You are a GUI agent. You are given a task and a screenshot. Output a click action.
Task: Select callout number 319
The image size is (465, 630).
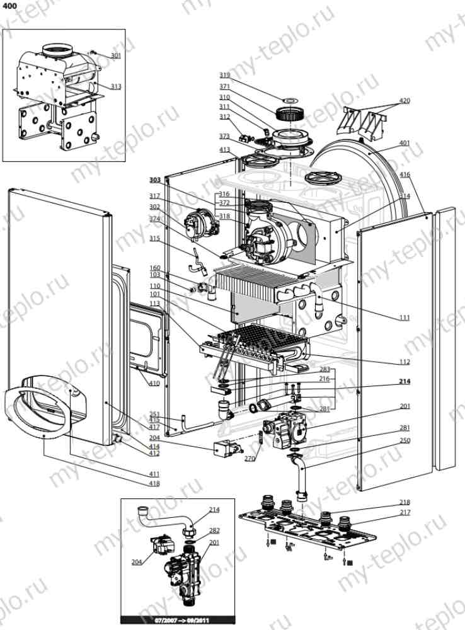click(224, 76)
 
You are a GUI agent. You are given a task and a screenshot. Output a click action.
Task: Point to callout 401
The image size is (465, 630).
click(404, 143)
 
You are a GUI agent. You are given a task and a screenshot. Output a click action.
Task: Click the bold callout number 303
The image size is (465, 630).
click(155, 180)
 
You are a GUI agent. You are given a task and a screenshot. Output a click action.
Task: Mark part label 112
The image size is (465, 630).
click(404, 362)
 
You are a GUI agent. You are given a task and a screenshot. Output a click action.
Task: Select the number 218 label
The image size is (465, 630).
click(404, 502)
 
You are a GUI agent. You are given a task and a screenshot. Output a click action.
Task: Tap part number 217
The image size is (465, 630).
click(404, 512)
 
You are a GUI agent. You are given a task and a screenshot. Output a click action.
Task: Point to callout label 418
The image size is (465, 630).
click(154, 484)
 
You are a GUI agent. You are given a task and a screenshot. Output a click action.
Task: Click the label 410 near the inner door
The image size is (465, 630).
click(154, 383)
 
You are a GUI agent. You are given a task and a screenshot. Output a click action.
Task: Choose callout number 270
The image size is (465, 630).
click(250, 459)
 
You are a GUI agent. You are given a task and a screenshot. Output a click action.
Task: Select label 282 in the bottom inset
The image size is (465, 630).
click(214, 531)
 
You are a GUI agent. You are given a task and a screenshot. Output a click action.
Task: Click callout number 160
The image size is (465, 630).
click(155, 267)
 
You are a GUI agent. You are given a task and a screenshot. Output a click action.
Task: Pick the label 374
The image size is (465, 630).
click(155, 219)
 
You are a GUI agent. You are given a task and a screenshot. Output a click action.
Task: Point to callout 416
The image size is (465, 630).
click(404, 175)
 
